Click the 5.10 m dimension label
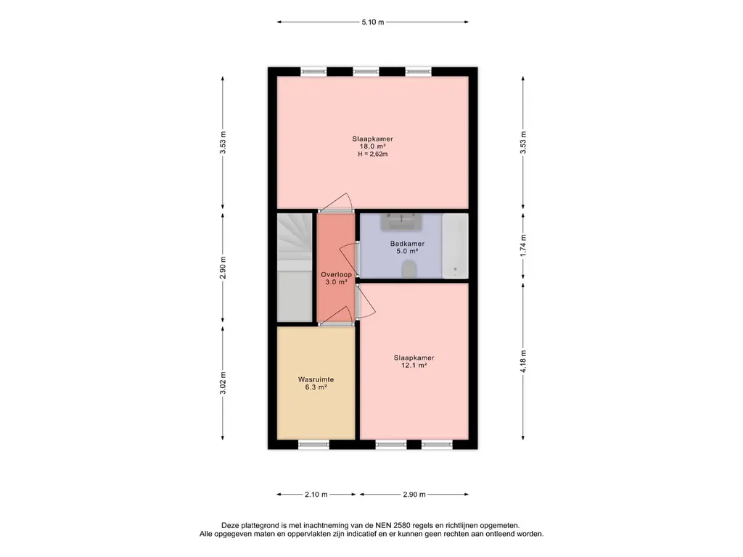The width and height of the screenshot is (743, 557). (x=373, y=22)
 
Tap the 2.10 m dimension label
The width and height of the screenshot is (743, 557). (x=316, y=495)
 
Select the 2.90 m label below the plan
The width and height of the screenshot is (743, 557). (x=414, y=495)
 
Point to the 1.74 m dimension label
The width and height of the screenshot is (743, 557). (x=523, y=246)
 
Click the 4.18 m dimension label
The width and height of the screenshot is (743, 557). (x=523, y=361)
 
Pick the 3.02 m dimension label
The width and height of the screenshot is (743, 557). (x=223, y=383)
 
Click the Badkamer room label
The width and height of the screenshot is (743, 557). (x=408, y=244)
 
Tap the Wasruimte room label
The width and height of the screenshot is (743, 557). (x=316, y=379)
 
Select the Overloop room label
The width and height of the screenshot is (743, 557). (x=337, y=274)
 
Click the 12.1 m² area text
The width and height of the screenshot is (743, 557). (x=414, y=366)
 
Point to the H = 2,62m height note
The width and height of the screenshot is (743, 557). (x=373, y=154)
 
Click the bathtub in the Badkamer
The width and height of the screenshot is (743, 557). (x=455, y=246)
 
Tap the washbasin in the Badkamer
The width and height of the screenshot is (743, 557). (x=401, y=221)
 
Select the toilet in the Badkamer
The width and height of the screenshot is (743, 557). (x=409, y=270)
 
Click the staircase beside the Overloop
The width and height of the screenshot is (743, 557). (x=295, y=268)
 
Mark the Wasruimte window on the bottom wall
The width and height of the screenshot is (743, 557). (x=313, y=445)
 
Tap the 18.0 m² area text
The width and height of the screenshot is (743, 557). (x=373, y=147)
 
